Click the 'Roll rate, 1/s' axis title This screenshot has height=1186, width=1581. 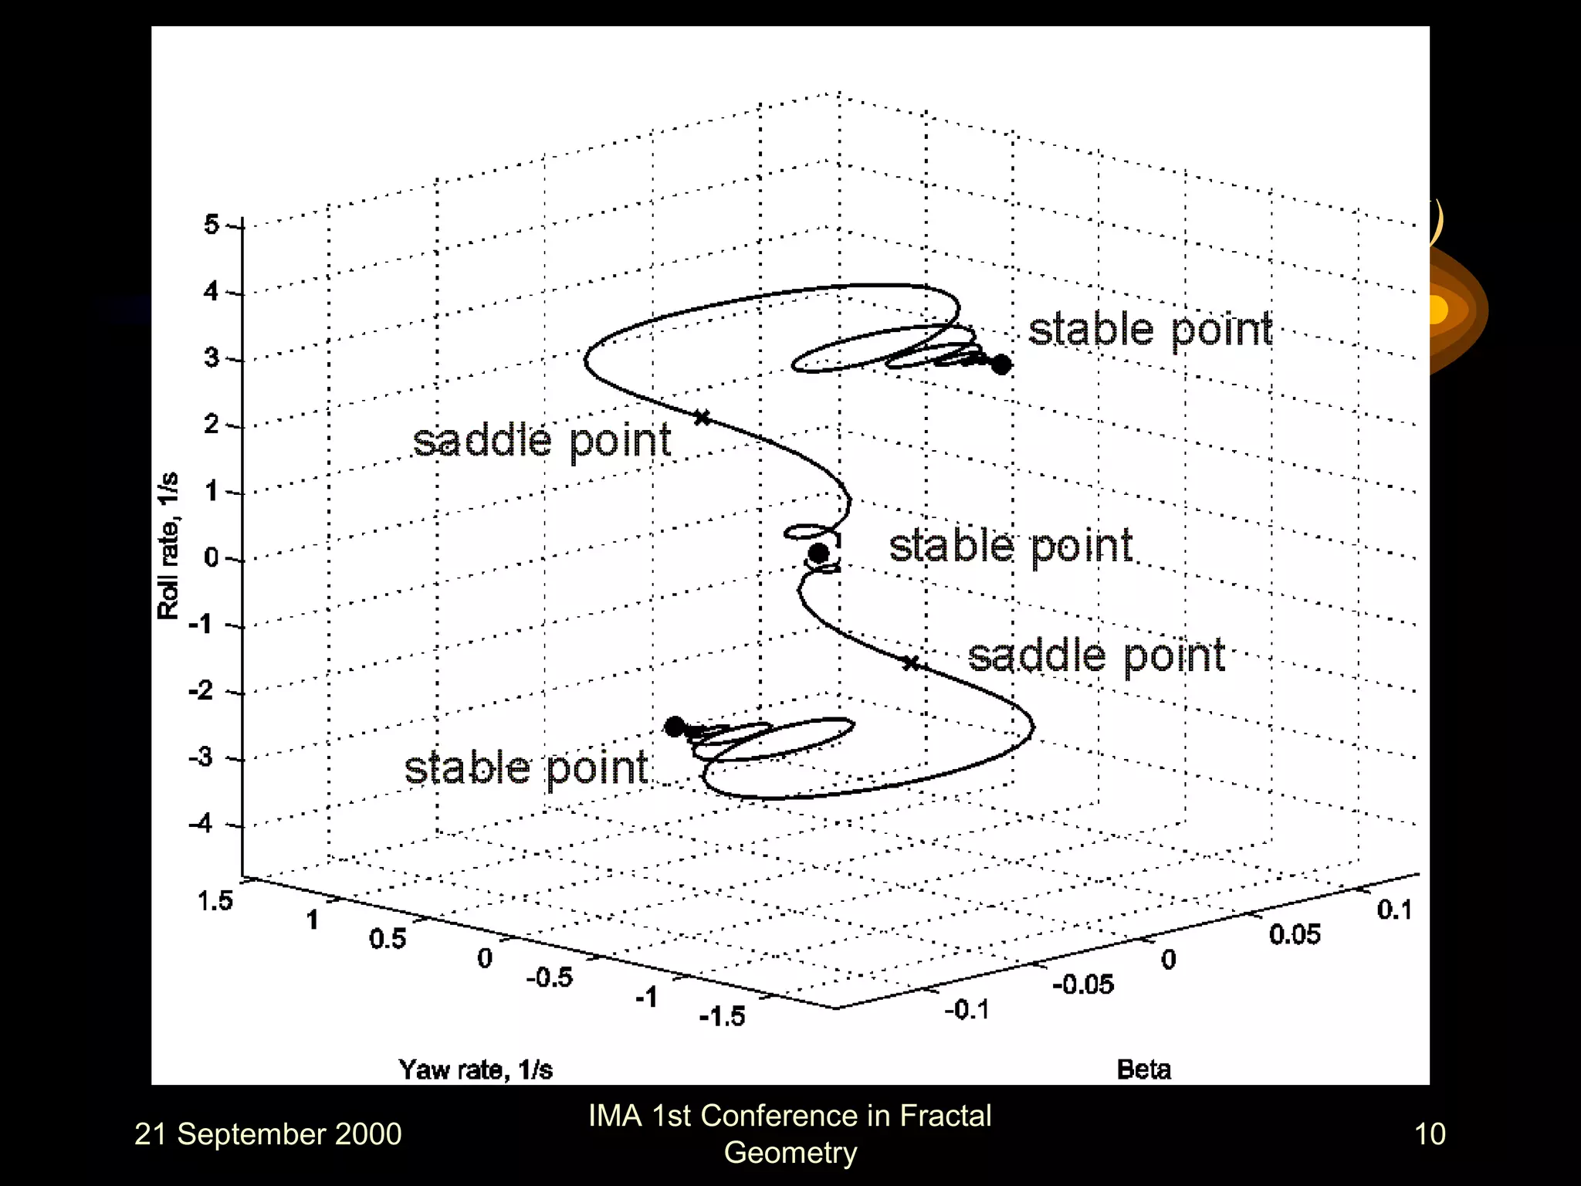point(168,545)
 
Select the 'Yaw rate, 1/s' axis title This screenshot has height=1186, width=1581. point(476,1069)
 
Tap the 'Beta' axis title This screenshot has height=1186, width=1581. point(1143,1069)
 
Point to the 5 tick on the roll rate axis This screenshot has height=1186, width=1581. point(212,225)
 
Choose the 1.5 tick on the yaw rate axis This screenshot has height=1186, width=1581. point(215,900)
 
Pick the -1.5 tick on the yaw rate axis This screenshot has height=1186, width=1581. point(722,1016)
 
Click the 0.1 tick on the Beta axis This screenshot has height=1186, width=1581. point(1394,910)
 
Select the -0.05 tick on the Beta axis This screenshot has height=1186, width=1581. point(1083,984)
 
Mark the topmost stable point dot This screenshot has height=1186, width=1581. point(1000,364)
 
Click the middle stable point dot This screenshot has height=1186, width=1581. point(818,553)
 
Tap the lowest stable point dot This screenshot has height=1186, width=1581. point(675,727)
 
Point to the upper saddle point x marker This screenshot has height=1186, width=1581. point(702,418)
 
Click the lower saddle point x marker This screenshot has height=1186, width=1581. point(911,662)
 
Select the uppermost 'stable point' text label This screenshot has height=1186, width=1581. point(1149,330)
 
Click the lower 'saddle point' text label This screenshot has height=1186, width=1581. point(1096,656)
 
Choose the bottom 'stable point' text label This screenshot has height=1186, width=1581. point(526,768)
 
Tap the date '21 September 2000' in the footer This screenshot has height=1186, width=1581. point(268,1133)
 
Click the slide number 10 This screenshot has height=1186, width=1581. point(1429,1133)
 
